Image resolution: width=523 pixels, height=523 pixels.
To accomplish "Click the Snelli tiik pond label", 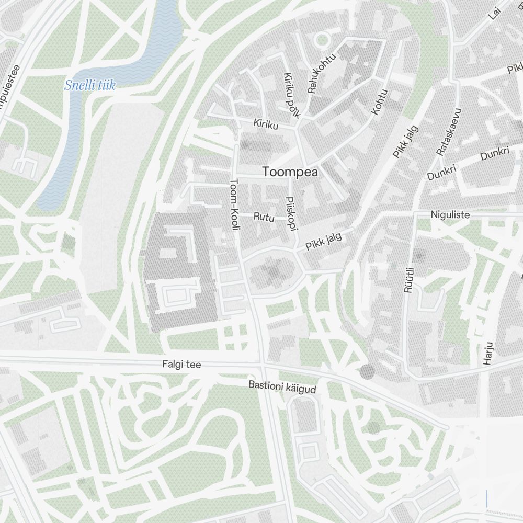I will click(x=89, y=85).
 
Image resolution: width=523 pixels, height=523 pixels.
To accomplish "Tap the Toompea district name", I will click(x=290, y=172).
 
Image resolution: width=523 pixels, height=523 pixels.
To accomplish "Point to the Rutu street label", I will click(x=264, y=217).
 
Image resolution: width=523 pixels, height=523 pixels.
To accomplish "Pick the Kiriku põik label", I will click(x=291, y=95).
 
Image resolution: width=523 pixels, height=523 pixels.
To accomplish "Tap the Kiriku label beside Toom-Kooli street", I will click(x=266, y=124).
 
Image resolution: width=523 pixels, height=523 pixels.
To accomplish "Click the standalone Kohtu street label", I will click(x=380, y=102).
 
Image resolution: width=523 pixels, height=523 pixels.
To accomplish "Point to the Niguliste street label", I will click(x=450, y=215).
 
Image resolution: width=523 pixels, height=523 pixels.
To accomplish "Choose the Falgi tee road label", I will click(x=181, y=365).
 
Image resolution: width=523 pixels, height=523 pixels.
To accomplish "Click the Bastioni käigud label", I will click(x=282, y=387).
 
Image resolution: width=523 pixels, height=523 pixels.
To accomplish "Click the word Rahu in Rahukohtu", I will click(x=313, y=84).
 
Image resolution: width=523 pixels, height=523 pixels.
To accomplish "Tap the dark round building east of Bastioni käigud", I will click(x=367, y=372).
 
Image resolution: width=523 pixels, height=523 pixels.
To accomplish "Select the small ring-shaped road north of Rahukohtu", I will click(x=323, y=39).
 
